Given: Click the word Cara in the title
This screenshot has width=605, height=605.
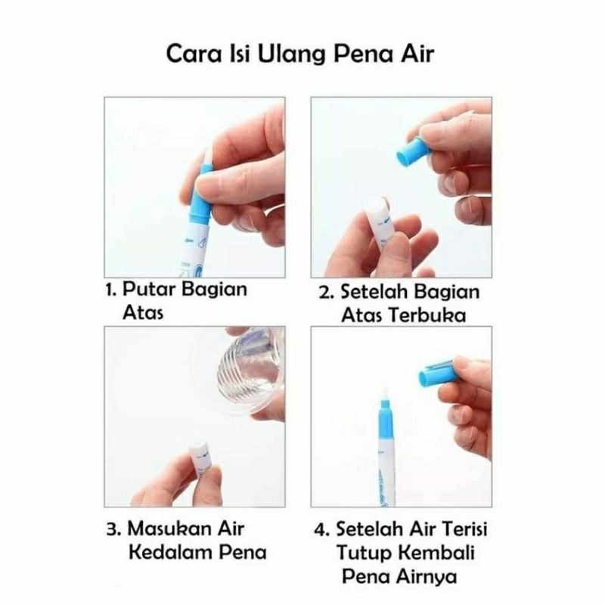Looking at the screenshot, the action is point(194,54).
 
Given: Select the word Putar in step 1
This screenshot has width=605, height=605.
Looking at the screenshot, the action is point(148,290).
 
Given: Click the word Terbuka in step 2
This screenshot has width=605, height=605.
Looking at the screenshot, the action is point(427,315).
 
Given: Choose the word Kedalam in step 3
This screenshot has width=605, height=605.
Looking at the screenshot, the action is point(170,553).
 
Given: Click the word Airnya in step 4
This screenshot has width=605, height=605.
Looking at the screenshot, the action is point(427,577).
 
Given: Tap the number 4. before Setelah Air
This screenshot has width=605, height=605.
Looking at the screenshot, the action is point(321,529).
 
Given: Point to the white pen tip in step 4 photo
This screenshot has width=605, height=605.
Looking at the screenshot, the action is point(384,393).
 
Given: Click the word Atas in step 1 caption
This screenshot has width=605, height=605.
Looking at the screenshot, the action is point(143,313).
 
